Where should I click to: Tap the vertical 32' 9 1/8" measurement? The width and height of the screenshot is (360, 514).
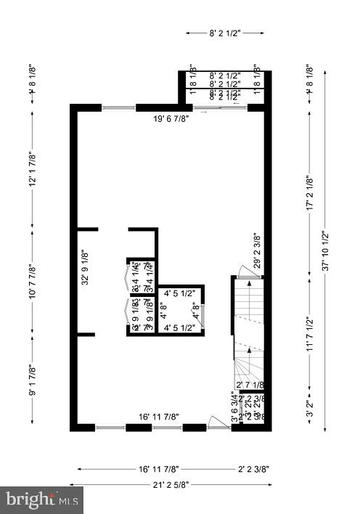tap(85, 266)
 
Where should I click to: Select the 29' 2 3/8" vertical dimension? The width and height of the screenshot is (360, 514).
tap(256, 250)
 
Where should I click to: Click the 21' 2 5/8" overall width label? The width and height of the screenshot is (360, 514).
tap(171, 484)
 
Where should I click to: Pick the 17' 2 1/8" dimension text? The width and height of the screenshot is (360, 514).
tap(310, 193)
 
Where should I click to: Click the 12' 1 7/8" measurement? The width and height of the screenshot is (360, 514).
tap(32, 169)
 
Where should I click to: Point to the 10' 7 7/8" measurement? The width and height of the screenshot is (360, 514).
tap(32, 278)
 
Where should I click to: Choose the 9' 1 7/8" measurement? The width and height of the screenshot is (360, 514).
tap(32, 381)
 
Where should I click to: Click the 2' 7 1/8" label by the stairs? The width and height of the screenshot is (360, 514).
tap(249, 385)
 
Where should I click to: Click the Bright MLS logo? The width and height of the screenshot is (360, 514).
tap(42, 499)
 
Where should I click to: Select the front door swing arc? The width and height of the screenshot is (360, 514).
tap(216, 421)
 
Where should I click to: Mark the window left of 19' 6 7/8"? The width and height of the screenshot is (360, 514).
tap(118, 107)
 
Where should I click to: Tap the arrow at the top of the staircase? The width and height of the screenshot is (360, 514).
tap(249, 283)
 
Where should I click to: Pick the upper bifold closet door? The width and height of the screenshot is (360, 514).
tap(128, 277)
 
